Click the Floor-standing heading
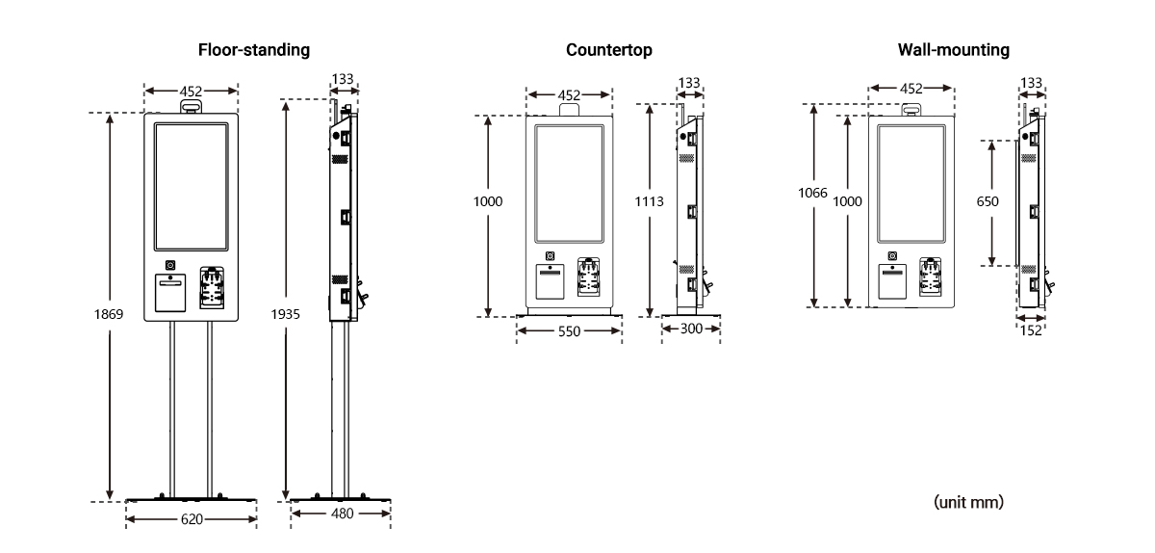tap(254, 49)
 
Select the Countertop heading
tap(609, 49)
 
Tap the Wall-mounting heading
tap(953, 49)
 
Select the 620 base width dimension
tap(192, 519)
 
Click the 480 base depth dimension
tap(341, 513)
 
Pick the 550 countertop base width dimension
tap(568, 329)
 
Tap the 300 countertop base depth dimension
tap(691, 329)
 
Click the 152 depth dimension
tap(1032, 329)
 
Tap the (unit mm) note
tap(968, 502)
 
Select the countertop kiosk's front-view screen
tap(569, 183)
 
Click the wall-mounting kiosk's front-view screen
tap(911, 183)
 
